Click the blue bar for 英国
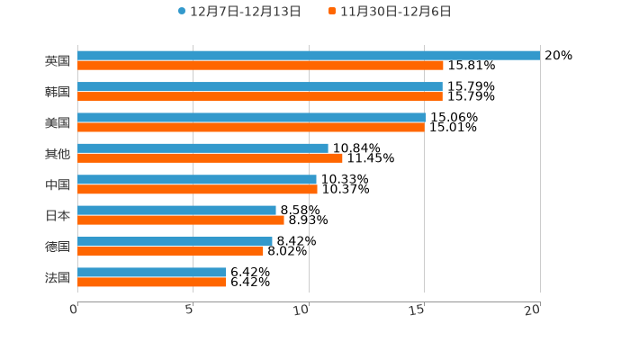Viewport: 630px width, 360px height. click(309, 55)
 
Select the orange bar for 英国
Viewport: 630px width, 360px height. click(260, 66)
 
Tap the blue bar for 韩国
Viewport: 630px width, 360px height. click(260, 86)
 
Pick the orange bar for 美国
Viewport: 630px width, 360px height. click(250, 128)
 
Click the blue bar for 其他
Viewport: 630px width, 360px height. click(202, 148)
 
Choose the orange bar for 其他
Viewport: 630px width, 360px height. click(210, 158)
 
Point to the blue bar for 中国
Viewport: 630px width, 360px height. click(197, 179)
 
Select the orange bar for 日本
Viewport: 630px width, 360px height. click(181, 220)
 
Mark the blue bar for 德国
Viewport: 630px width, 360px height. click(175, 241)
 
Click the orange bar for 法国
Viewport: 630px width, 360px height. click(151, 283)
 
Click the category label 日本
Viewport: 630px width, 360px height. click(58, 215)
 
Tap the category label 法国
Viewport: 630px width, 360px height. click(58, 277)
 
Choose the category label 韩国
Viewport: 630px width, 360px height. click(58, 92)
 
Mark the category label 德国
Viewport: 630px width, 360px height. click(58, 247)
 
